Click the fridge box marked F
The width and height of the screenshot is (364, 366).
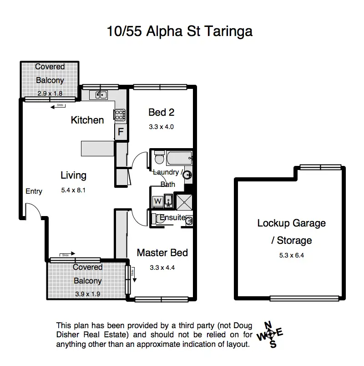point(121,133)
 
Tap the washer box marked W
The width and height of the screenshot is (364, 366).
point(158,200)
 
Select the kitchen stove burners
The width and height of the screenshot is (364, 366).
point(120,115)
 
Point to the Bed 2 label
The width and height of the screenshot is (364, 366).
point(162,112)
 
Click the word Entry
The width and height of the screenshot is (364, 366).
point(34,191)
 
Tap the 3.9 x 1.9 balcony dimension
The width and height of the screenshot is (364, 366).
point(88,294)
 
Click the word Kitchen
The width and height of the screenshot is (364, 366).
point(87,120)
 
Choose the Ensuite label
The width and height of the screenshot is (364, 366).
point(172,218)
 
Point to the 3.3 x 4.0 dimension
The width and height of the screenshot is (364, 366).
point(162,127)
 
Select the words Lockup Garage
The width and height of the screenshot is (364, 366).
point(291,223)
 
